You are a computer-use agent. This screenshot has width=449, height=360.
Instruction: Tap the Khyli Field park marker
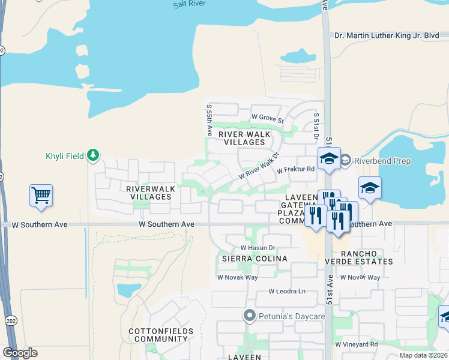coord(92,156)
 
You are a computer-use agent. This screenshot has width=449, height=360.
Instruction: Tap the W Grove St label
coord(267,116)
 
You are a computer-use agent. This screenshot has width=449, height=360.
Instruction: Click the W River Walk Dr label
coord(259,166)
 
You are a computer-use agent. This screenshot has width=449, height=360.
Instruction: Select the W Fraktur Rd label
coord(296,170)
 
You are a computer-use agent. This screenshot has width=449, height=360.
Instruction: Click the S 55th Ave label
coord(209,119)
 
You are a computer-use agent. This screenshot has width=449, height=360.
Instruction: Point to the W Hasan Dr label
coord(258,247)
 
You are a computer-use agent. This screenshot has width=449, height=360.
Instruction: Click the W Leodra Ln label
coord(287,292)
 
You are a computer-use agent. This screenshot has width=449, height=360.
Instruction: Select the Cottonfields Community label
coord(161,335)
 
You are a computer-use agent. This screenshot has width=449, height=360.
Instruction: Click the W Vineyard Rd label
coord(357,344)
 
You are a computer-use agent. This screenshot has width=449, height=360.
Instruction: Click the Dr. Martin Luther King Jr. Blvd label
coord(387,35)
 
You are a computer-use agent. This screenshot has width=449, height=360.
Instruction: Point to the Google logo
coord(20,353)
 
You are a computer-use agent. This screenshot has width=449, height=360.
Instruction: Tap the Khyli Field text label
coord(65,157)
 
